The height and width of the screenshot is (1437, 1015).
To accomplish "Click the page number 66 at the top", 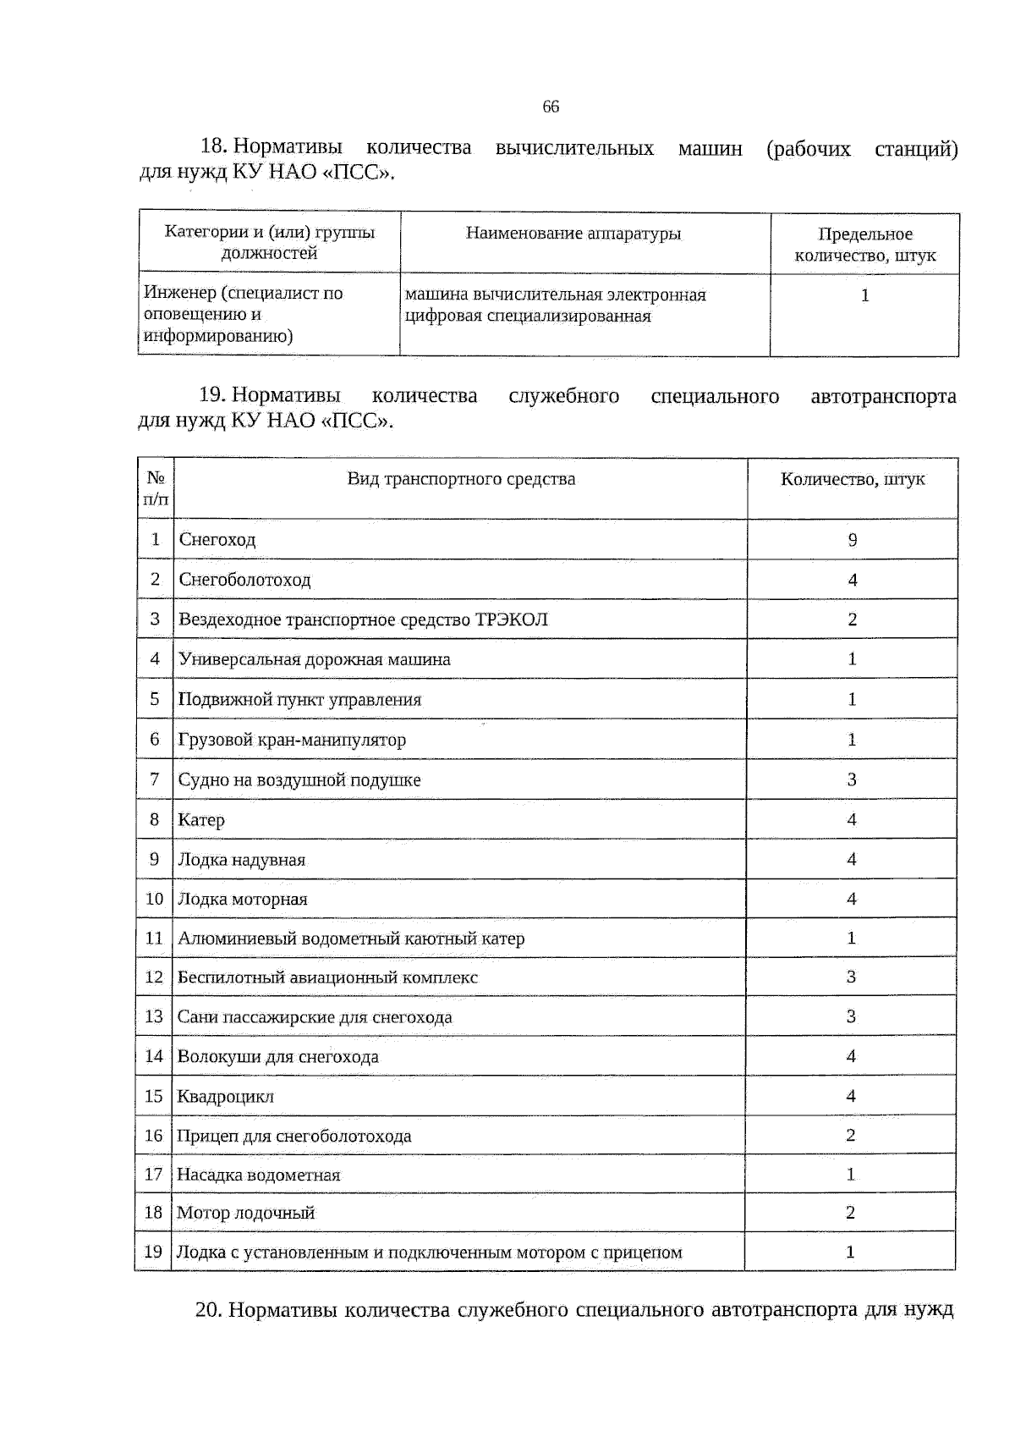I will (551, 107).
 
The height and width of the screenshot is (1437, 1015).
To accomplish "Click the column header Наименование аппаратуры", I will (573, 234).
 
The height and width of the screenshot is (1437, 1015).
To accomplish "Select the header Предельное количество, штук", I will (864, 245).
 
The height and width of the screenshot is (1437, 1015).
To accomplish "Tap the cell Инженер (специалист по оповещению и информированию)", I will (244, 315).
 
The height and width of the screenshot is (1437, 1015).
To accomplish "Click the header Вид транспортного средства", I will (461, 479).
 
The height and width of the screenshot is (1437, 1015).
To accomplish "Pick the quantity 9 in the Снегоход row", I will (853, 540).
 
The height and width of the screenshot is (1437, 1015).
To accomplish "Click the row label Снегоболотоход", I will (244, 580).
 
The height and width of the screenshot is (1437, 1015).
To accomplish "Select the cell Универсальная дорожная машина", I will (314, 659).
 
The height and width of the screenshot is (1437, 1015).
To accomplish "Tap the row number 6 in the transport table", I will (155, 740).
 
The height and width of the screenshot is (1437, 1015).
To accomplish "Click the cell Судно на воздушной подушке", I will (299, 780).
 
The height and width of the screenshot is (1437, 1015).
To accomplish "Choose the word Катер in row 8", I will (201, 820).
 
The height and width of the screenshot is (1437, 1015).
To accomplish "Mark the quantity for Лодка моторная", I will (852, 899).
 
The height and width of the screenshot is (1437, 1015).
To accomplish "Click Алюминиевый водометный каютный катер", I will (351, 939).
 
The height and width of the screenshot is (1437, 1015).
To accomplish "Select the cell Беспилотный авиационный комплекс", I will (327, 977).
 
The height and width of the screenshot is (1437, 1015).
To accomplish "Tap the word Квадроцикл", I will (225, 1097).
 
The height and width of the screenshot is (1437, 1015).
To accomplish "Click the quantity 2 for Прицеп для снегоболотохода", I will (851, 1135).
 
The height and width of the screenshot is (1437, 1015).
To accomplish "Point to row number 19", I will (153, 1252).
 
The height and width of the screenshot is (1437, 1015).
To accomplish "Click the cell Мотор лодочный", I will (245, 1213).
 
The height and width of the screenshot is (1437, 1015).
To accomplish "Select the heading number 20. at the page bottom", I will (208, 1310).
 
